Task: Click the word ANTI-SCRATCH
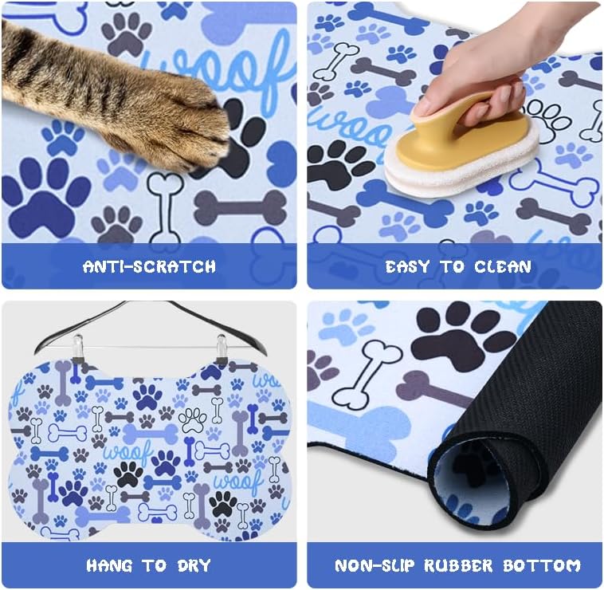(x=149, y=266)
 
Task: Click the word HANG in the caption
(x=110, y=566)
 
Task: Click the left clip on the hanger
(x=77, y=348)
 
